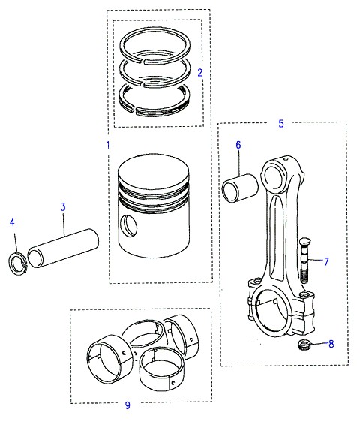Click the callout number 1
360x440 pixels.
(108, 145)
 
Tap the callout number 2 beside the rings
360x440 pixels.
(199, 73)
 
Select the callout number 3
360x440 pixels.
(63, 207)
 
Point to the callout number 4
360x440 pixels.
(12, 222)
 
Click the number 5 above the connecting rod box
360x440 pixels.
(281, 123)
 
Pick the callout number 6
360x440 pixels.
(238, 145)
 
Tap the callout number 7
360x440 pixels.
(326, 261)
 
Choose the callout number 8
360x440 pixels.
(331, 344)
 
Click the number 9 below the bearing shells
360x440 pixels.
(127, 405)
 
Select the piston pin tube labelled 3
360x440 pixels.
(64, 248)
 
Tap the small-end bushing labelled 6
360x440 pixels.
(240, 188)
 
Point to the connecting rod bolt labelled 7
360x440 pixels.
(303, 261)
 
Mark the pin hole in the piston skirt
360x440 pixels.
(129, 225)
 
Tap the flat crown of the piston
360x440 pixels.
(153, 169)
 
